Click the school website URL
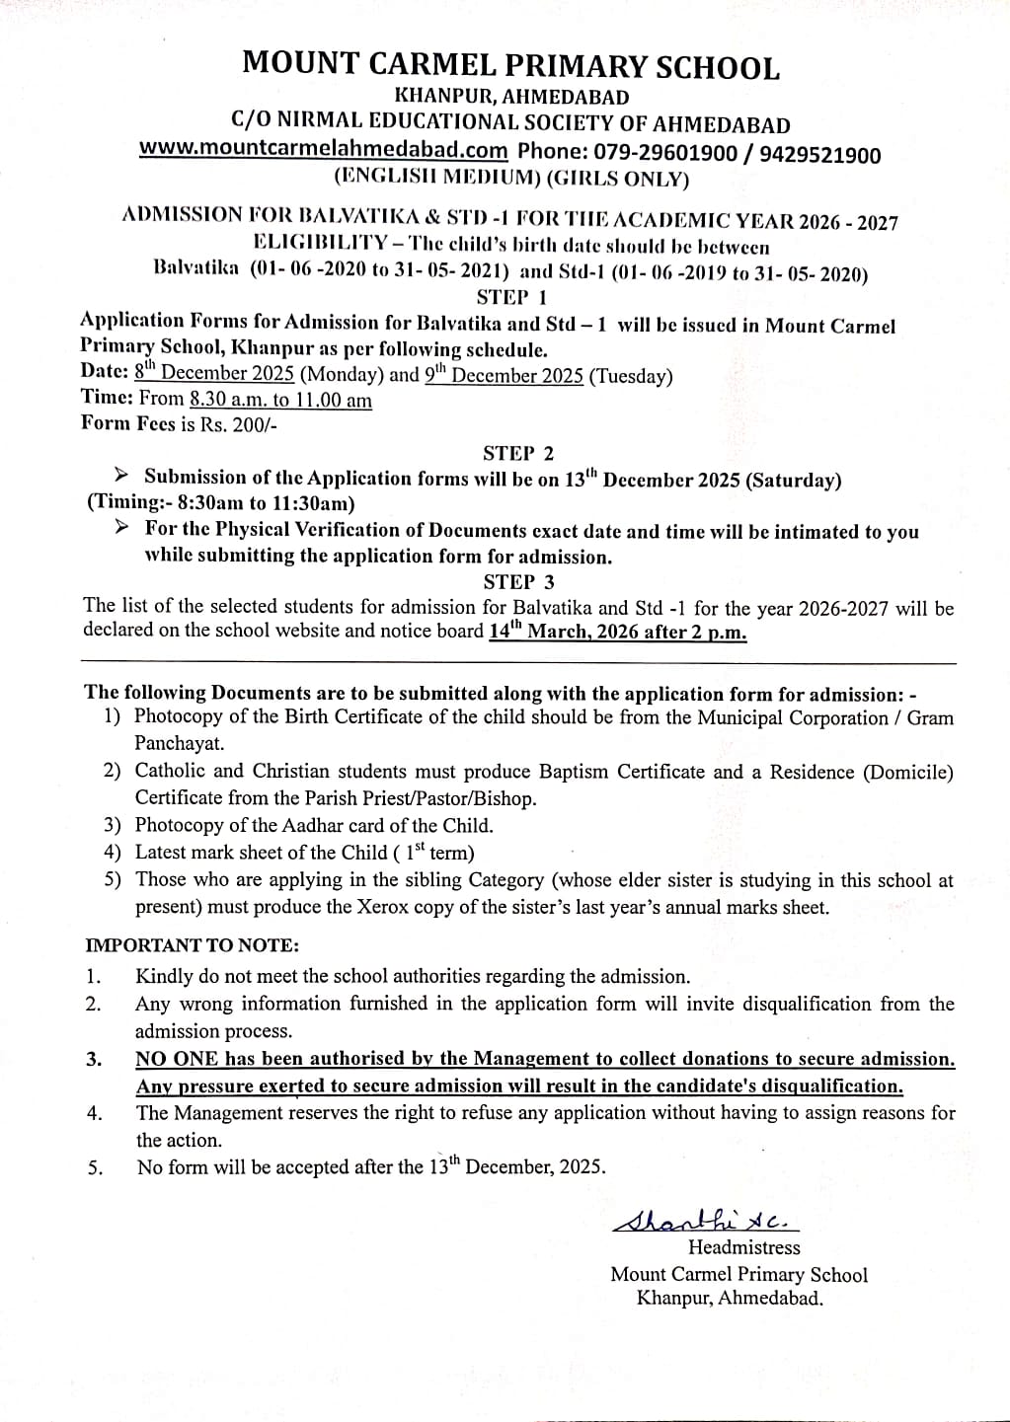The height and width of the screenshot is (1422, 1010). (x=323, y=150)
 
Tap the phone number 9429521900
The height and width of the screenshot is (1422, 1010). (x=819, y=155)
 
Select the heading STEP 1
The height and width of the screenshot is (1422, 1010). (x=512, y=297)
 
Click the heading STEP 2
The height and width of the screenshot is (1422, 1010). (x=518, y=453)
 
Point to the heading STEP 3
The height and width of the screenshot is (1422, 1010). (x=518, y=582)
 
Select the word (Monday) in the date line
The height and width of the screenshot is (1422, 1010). (x=342, y=375)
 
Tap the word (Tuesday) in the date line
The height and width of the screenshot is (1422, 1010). (x=630, y=376)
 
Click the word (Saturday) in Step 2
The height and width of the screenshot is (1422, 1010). (x=793, y=481)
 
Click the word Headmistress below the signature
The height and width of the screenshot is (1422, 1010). (x=743, y=1248)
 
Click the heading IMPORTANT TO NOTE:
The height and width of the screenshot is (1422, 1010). (x=192, y=945)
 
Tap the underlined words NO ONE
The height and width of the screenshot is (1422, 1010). (x=177, y=1059)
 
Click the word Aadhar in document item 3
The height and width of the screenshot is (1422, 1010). (x=303, y=826)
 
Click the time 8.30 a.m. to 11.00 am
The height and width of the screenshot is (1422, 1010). (x=280, y=401)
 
